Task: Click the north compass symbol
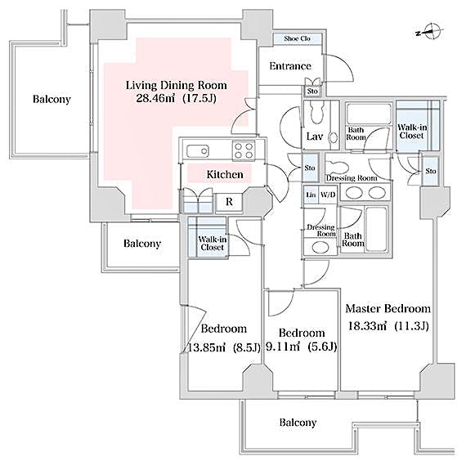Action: [x=432, y=33]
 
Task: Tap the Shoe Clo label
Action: [x=296, y=39]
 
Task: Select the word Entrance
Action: [x=289, y=66]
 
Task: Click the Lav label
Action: [x=313, y=137]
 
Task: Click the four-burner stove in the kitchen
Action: [x=244, y=150]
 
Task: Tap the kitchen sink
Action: [x=197, y=150]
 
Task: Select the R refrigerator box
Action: [x=229, y=200]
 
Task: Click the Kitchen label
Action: [x=224, y=175]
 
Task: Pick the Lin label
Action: [x=311, y=195]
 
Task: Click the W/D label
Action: [x=328, y=195]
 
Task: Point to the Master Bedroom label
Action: [x=388, y=309]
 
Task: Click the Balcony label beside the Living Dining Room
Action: [x=52, y=100]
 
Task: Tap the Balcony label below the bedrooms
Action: [x=298, y=423]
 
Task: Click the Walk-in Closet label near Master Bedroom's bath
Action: [x=411, y=132]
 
